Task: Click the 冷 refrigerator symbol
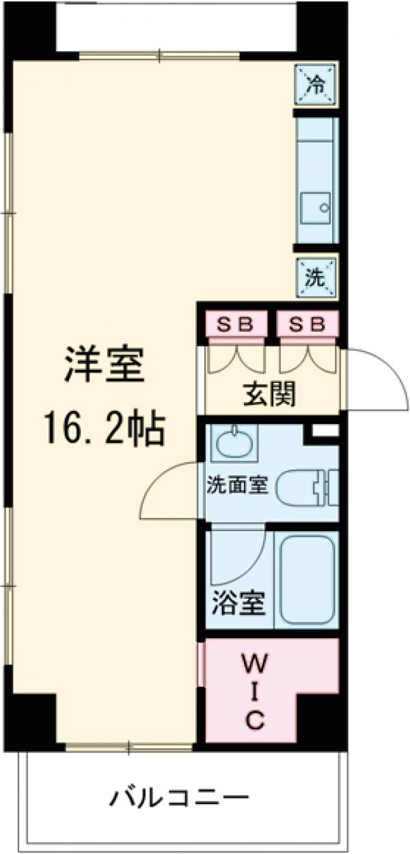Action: point(316,84)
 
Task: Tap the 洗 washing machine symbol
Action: point(316,277)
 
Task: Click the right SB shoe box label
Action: point(307,324)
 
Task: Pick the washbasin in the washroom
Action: point(236,444)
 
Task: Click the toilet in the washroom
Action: point(311,486)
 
